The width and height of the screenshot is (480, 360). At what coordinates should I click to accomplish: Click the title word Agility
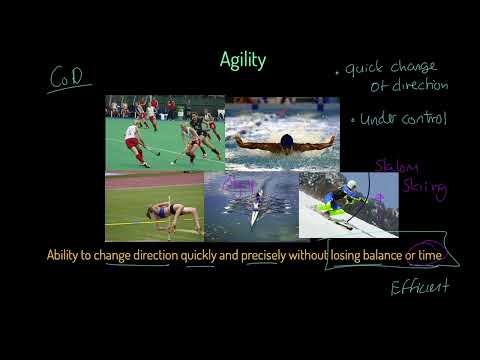pyautogui.click(x=243, y=61)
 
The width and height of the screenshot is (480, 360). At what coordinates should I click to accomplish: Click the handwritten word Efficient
pyautogui.click(x=419, y=288)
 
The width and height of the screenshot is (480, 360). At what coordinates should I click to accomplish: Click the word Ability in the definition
pyautogui.click(x=66, y=255)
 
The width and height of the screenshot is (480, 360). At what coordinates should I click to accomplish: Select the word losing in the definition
pyautogui.click(x=322, y=255)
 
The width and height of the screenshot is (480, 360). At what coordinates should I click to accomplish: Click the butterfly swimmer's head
pyautogui.click(x=286, y=140)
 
